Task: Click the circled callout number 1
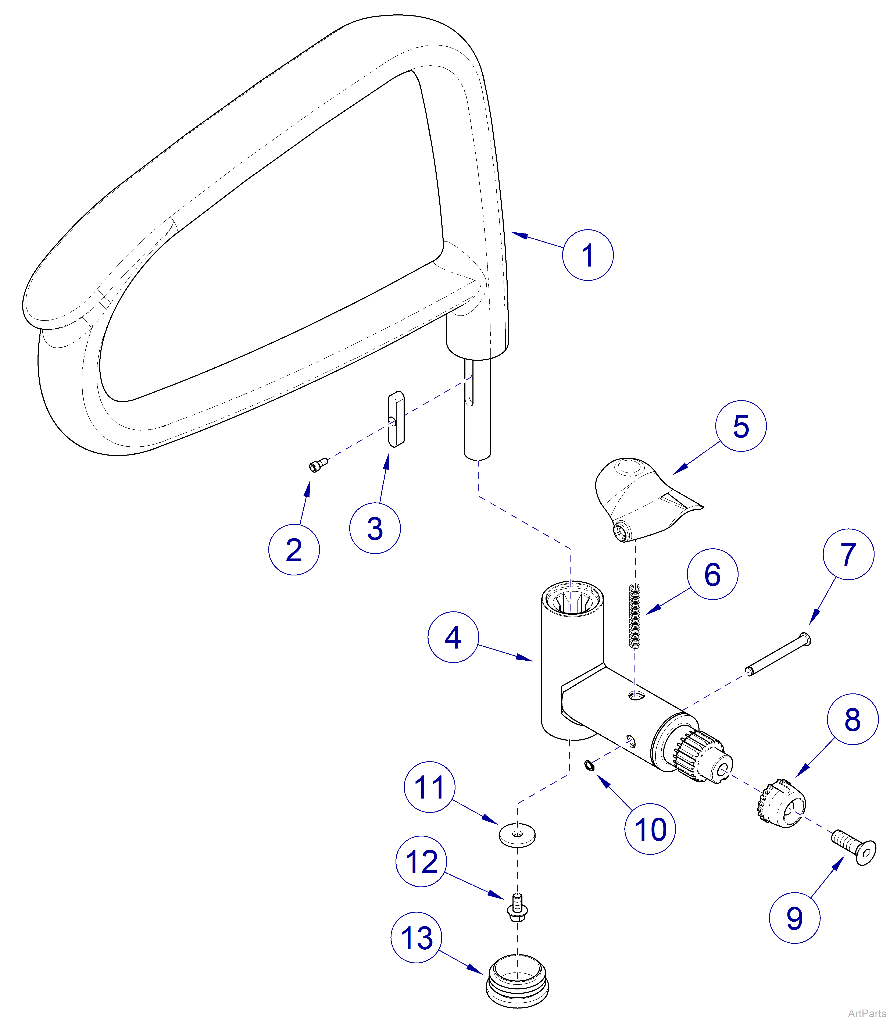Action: (587, 255)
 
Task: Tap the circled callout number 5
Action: (740, 426)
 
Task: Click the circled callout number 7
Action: (848, 554)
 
